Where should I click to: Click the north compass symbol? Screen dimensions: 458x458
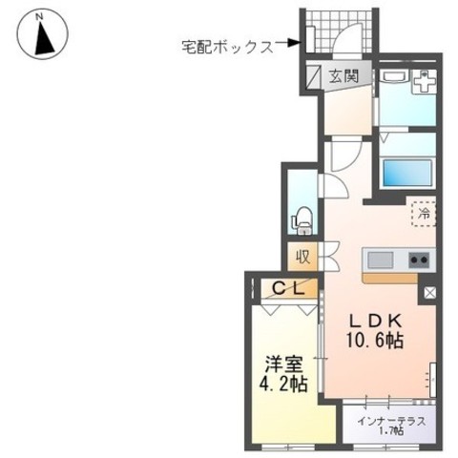point(43,33)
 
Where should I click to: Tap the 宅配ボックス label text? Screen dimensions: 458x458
point(227,48)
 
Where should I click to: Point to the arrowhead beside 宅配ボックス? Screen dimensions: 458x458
point(293,43)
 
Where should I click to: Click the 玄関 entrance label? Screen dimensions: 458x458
point(343,76)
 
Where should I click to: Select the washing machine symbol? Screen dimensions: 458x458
point(425,81)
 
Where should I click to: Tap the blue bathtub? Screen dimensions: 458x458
point(408,174)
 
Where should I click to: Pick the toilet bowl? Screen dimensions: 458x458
point(303,220)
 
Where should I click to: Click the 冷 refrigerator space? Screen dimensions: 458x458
point(424,214)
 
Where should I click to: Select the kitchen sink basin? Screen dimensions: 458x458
point(380,260)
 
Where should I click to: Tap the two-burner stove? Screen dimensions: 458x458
point(419,260)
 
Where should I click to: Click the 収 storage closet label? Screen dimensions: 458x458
point(302,256)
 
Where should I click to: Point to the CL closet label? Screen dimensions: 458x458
point(289,288)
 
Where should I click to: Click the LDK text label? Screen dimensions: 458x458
point(375,322)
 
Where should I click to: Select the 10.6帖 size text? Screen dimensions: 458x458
point(375,341)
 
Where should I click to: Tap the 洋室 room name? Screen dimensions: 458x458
point(283,364)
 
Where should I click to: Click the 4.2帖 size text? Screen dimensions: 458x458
point(283,385)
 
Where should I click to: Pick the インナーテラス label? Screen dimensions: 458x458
point(391,421)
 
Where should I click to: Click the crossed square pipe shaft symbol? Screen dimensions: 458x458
point(429,293)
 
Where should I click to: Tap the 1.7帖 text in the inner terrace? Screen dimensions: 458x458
point(392,430)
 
